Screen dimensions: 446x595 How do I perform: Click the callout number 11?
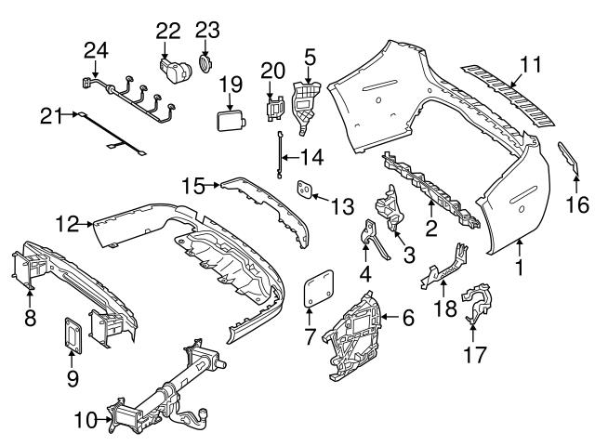click(530, 65)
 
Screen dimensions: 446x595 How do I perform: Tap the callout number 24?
click(97, 49)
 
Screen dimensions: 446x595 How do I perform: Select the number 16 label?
click(577, 203)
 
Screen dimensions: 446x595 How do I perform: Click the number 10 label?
click(84, 421)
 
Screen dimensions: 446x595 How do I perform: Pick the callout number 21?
click(51, 115)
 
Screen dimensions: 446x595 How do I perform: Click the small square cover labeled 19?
click(230, 122)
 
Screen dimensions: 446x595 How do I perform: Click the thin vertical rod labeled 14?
click(279, 154)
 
